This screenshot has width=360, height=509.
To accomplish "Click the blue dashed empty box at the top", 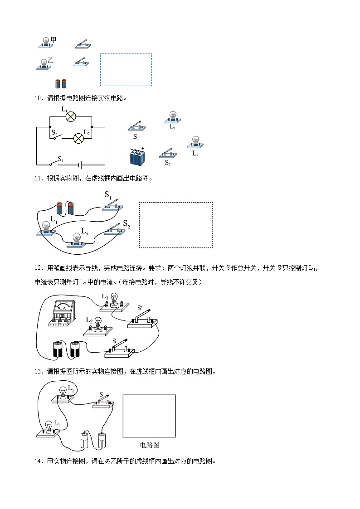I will tap(126, 69).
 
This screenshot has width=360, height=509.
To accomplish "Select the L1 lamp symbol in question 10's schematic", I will tap(70, 116).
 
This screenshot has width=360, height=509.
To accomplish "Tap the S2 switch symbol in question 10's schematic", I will tap(57, 137).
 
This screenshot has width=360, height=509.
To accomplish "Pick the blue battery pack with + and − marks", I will tap(137, 156).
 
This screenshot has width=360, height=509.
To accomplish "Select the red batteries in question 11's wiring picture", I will tap(65, 208).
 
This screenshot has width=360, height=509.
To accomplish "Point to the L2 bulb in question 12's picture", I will tap(97, 326).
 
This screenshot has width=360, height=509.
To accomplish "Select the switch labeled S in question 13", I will tap(103, 403).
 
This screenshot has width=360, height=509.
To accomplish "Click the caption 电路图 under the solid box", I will tap(150, 445).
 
